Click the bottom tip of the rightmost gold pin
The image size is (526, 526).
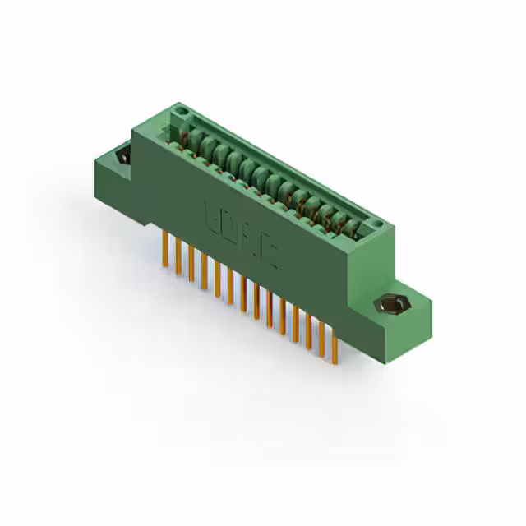[335, 362]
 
